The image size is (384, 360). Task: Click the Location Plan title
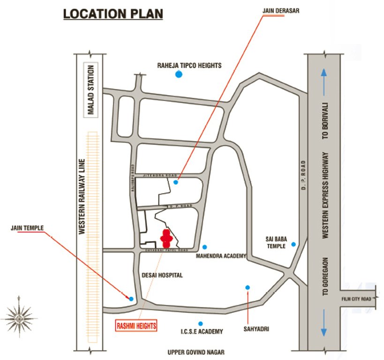click(113, 14)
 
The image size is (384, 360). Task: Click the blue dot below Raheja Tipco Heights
click(178, 74)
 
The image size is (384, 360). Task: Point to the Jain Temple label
click(28, 228)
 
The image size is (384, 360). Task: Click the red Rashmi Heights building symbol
click(166, 239)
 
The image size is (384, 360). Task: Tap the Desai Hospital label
click(162, 275)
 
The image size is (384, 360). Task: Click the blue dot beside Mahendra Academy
click(204, 247)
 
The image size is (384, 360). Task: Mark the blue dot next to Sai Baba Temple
click(294, 244)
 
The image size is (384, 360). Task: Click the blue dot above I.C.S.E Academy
click(201, 323)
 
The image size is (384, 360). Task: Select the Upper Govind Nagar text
click(196, 352)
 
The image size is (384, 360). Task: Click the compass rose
click(19, 318)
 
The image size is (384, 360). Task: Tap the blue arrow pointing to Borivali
click(324, 77)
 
